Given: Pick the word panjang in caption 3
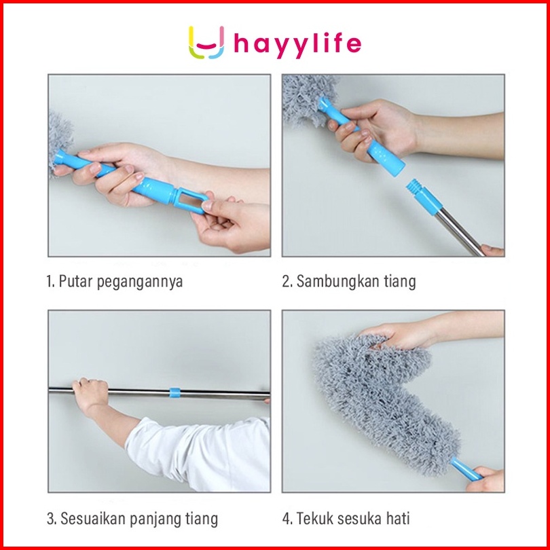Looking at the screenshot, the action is tap(155, 519).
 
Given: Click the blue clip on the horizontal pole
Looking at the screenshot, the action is tap(175, 392).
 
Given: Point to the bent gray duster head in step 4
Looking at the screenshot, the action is tap(382, 400).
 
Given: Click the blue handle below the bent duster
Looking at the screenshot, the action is tap(466, 469).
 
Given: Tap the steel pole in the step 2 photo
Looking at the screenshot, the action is tap(460, 232).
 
